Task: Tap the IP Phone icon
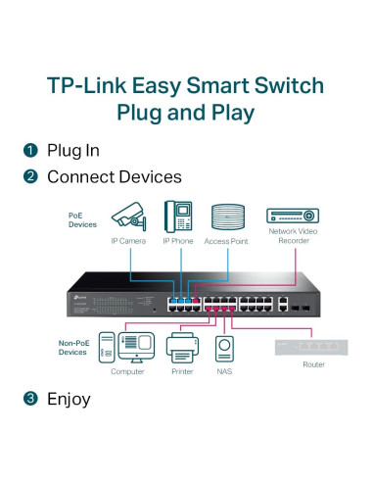tap(177, 216)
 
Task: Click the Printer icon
tap(182, 346)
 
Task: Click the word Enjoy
tap(69, 399)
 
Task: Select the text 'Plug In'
tap(73, 152)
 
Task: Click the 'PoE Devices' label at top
tap(83, 218)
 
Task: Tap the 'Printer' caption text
tap(182, 371)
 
